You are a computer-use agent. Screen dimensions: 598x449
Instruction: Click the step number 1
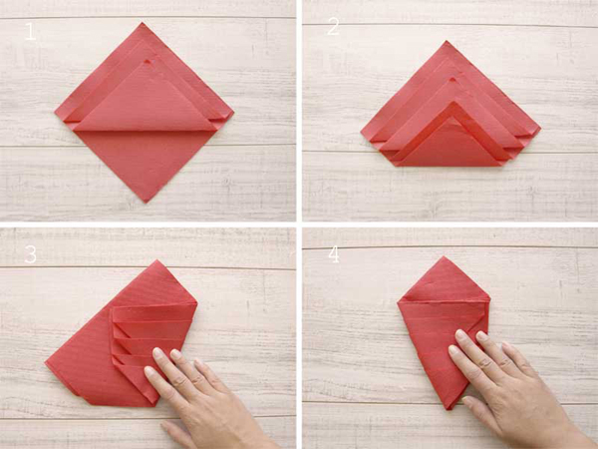(x=30, y=31)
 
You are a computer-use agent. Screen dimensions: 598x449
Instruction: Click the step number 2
(x=333, y=27)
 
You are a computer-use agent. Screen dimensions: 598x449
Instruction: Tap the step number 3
(x=31, y=253)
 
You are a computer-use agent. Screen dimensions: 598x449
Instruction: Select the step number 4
(x=334, y=254)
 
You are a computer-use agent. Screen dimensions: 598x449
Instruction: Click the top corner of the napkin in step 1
(x=143, y=23)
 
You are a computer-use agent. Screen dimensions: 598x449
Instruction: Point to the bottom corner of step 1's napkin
(x=146, y=203)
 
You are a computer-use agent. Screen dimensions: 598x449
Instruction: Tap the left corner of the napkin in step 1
(x=55, y=113)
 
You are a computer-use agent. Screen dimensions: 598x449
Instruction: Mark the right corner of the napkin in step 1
(x=233, y=113)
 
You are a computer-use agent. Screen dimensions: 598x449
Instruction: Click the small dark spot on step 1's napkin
(x=148, y=62)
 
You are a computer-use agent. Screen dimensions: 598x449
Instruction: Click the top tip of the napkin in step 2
(x=447, y=41)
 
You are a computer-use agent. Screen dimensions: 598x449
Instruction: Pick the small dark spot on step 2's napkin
(x=452, y=81)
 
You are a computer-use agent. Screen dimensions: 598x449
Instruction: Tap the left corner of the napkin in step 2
(x=361, y=134)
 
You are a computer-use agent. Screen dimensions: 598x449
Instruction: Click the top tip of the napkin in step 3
(x=156, y=260)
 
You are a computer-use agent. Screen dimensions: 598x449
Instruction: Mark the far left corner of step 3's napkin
(x=46, y=363)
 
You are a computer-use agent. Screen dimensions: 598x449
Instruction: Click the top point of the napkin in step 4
(x=444, y=256)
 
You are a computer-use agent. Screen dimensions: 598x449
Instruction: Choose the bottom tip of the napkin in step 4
(x=449, y=409)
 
